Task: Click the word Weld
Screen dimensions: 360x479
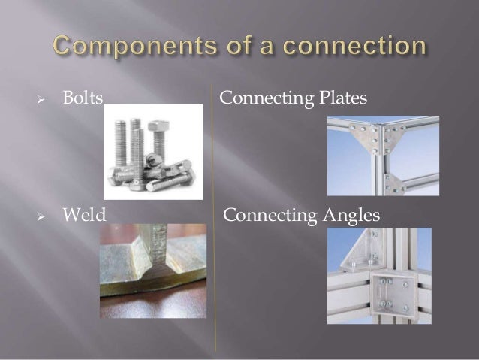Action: tap(83, 216)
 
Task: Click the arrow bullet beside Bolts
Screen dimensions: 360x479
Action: tap(42, 99)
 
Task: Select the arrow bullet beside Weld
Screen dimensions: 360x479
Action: tap(42, 216)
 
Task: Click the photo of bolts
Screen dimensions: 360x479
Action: tap(152, 151)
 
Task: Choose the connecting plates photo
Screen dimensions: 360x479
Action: tap(383, 156)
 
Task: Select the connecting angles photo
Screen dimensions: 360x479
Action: tap(378, 275)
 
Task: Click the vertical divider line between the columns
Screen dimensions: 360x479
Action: tap(215, 225)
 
